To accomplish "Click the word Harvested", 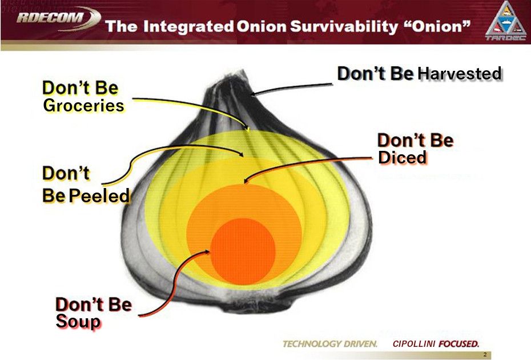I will [x=460, y=74].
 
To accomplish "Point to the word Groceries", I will [x=83, y=106].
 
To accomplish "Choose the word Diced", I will [x=402, y=158].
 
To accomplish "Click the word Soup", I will [x=78, y=322].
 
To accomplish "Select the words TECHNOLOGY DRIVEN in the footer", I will [x=330, y=344].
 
